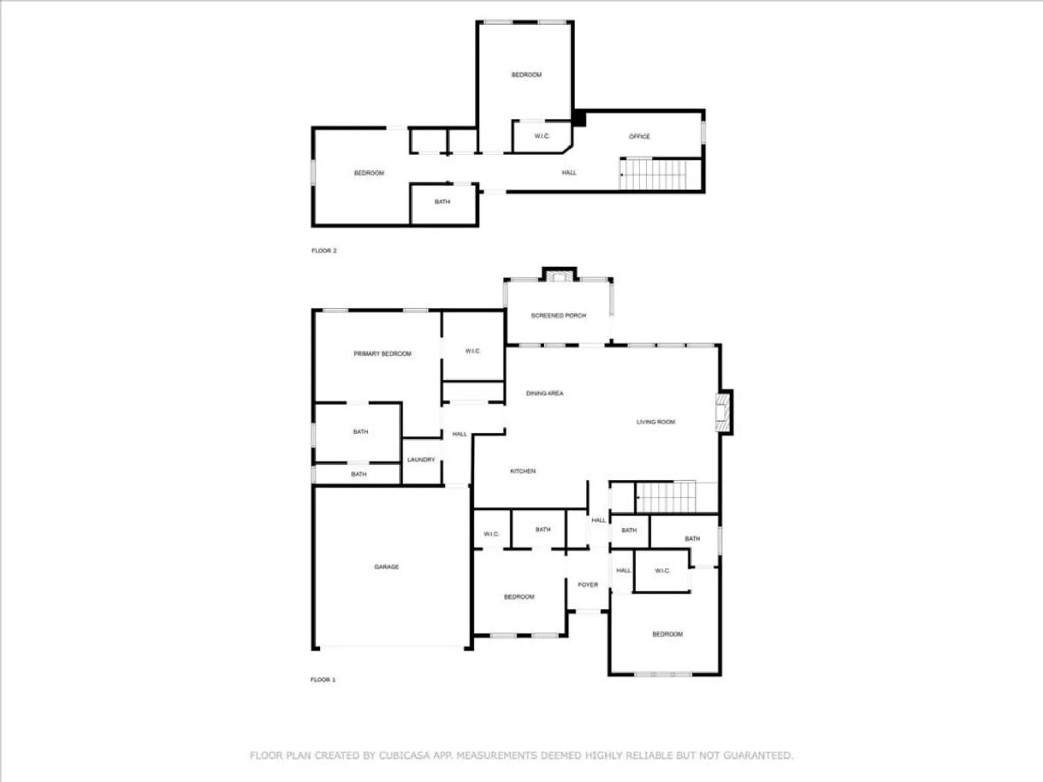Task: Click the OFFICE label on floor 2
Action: (x=639, y=137)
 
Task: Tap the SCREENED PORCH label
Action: (x=559, y=315)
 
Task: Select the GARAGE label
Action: (x=386, y=567)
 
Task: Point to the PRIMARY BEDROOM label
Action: (x=382, y=353)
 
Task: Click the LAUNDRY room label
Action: (x=421, y=460)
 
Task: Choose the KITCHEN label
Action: (x=523, y=471)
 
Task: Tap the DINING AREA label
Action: (x=544, y=393)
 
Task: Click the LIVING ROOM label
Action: (x=656, y=422)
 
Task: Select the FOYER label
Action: (x=588, y=585)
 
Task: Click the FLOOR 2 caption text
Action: (x=324, y=251)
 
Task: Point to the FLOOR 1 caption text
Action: (x=323, y=680)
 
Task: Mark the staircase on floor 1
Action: (x=666, y=497)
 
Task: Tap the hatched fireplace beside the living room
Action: (x=722, y=412)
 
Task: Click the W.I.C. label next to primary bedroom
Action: (x=472, y=351)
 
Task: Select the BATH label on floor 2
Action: (x=442, y=202)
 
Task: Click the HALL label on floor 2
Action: (x=569, y=173)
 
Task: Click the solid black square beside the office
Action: (x=579, y=118)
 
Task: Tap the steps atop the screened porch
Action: (x=559, y=276)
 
